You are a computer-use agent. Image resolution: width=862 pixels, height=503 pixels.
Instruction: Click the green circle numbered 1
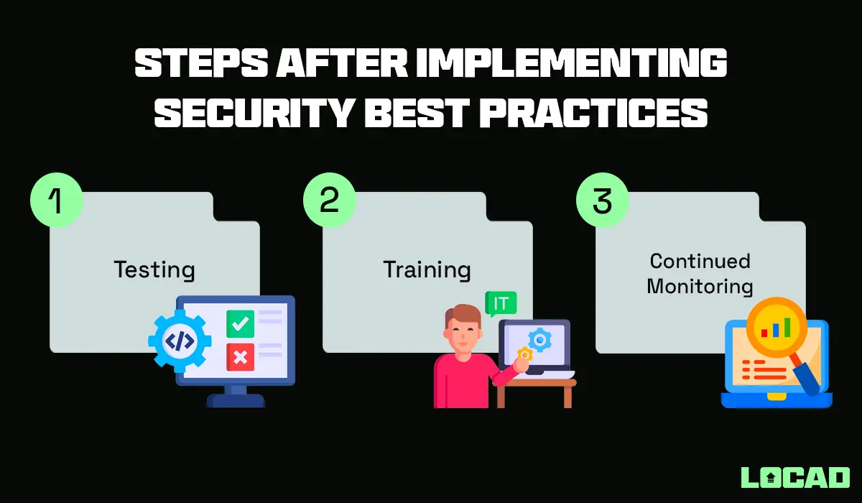pyautogui.click(x=57, y=200)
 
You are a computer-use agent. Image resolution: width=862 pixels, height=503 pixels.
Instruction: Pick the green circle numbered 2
pyautogui.click(x=329, y=200)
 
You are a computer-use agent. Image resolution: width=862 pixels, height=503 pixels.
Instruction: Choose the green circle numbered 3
pyautogui.click(x=602, y=200)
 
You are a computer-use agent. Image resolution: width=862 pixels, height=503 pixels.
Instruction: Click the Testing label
pyautogui.click(x=154, y=270)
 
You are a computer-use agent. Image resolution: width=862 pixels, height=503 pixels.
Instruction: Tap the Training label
pyautogui.click(x=427, y=270)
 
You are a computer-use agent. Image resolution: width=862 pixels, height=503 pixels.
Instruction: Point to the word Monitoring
pyautogui.click(x=700, y=286)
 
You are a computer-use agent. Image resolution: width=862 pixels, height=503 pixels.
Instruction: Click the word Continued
pyautogui.click(x=700, y=260)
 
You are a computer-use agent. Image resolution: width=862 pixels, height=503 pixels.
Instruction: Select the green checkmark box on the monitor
pyautogui.click(x=240, y=324)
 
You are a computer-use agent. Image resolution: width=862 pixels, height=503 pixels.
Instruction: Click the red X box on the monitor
pyautogui.click(x=240, y=356)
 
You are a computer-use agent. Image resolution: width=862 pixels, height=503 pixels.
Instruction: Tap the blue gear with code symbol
pyautogui.click(x=179, y=341)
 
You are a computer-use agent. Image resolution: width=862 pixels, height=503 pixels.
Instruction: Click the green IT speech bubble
pyautogui.click(x=501, y=303)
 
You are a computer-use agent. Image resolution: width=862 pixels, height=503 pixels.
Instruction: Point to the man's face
pyautogui.click(x=465, y=333)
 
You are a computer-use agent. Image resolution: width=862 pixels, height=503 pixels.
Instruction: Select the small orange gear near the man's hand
pyautogui.click(x=525, y=354)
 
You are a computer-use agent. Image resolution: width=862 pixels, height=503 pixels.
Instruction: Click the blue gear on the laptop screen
pyautogui.click(x=538, y=338)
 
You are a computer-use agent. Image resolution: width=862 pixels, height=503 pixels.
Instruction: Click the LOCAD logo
pyautogui.click(x=794, y=476)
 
